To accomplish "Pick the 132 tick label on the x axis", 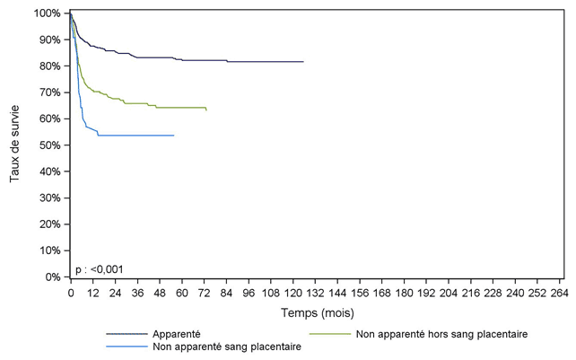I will coord(315,293).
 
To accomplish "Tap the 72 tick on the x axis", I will coord(204,293).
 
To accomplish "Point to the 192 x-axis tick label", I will coord(426,293).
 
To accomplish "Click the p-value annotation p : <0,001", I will coord(99,268).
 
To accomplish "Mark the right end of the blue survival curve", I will coord(173,135).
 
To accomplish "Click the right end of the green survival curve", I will coord(206,110).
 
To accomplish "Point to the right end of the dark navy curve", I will coord(303,62).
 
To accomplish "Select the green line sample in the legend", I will coord(329,334).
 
